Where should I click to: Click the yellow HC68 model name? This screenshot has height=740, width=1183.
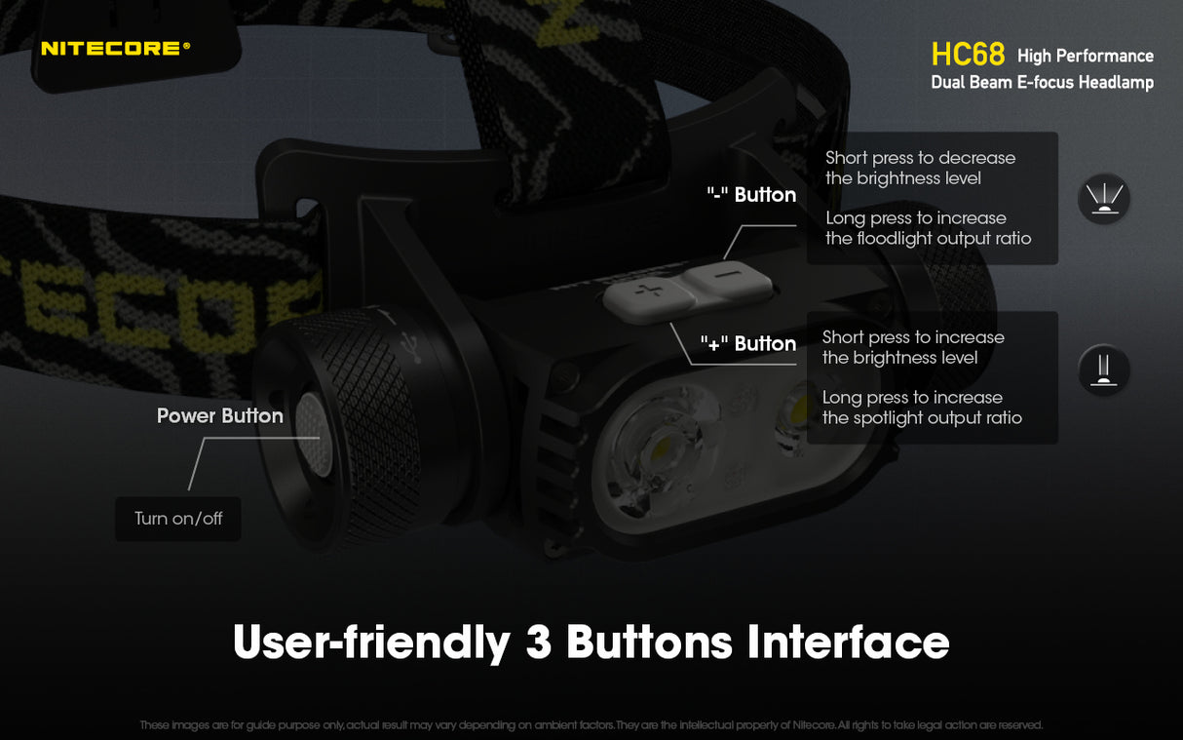click(968, 55)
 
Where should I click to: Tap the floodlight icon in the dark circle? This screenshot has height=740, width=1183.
click(1103, 199)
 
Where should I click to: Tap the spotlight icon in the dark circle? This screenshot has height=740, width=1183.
click(1103, 370)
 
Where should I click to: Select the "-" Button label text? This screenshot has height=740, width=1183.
click(751, 195)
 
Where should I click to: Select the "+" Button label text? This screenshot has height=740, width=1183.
click(748, 344)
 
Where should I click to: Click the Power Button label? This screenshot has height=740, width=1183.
click(220, 416)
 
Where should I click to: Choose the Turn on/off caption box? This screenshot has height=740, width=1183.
click(178, 519)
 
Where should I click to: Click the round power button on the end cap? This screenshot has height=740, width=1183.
click(309, 436)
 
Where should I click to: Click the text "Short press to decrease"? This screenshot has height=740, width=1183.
click(920, 158)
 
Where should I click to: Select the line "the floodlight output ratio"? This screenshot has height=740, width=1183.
click(928, 239)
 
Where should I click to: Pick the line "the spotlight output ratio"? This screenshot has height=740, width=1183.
click(922, 418)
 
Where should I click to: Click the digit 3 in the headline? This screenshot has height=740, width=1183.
click(539, 643)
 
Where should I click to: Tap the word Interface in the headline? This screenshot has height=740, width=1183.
click(848, 643)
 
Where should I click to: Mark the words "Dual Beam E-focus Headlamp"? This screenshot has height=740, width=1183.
click(1042, 83)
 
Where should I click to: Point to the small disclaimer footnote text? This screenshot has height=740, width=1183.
click(591, 725)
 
